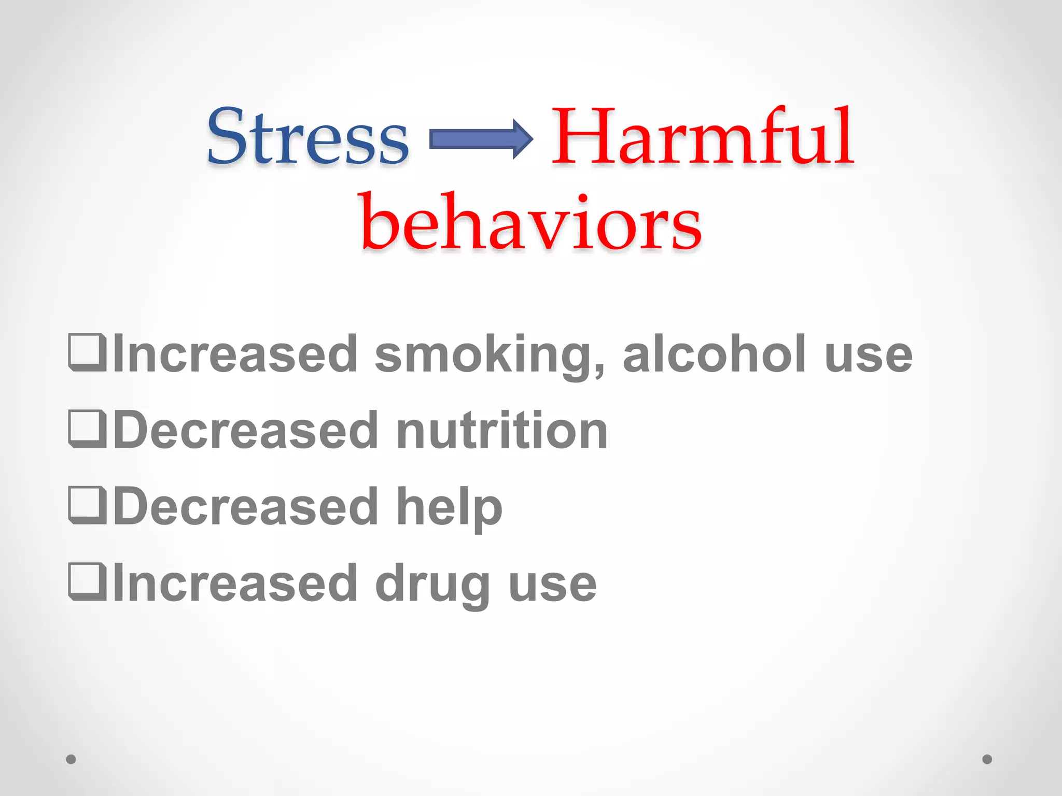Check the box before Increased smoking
click(87, 353)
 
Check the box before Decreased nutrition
click(87, 429)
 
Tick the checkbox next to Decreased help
click(87, 506)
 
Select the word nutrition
click(501, 430)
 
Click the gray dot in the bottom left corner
click(71, 759)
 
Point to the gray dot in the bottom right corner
click(987, 759)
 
